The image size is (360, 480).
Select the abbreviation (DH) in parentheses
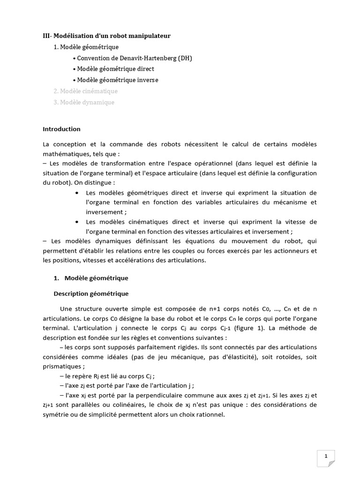[184, 58]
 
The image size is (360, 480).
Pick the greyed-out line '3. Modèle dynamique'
[84, 102]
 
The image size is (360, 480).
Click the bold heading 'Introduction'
[61, 129]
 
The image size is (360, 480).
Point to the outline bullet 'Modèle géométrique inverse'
[118, 80]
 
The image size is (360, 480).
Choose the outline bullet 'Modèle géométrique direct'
[116, 69]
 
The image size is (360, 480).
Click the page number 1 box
[326, 456]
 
